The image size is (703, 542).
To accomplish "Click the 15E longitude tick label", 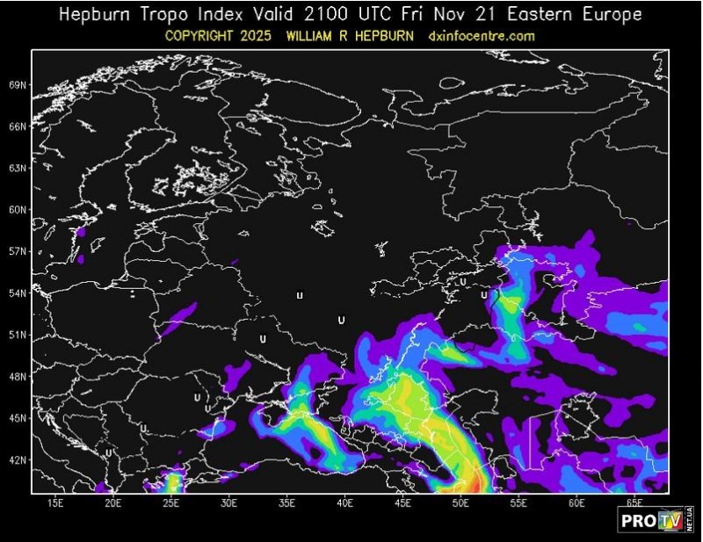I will click(x=54, y=503).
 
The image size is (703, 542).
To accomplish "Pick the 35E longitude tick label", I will click(x=286, y=503).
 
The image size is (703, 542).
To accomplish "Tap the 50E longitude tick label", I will click(x=460, y=503).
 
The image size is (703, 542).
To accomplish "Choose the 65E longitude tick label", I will click(x=634, y=503).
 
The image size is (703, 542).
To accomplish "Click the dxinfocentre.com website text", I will click(x=481, y=36).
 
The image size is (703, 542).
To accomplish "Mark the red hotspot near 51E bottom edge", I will click(x=475, y=482).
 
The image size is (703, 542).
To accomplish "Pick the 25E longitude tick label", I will click(x=170, y=503).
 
